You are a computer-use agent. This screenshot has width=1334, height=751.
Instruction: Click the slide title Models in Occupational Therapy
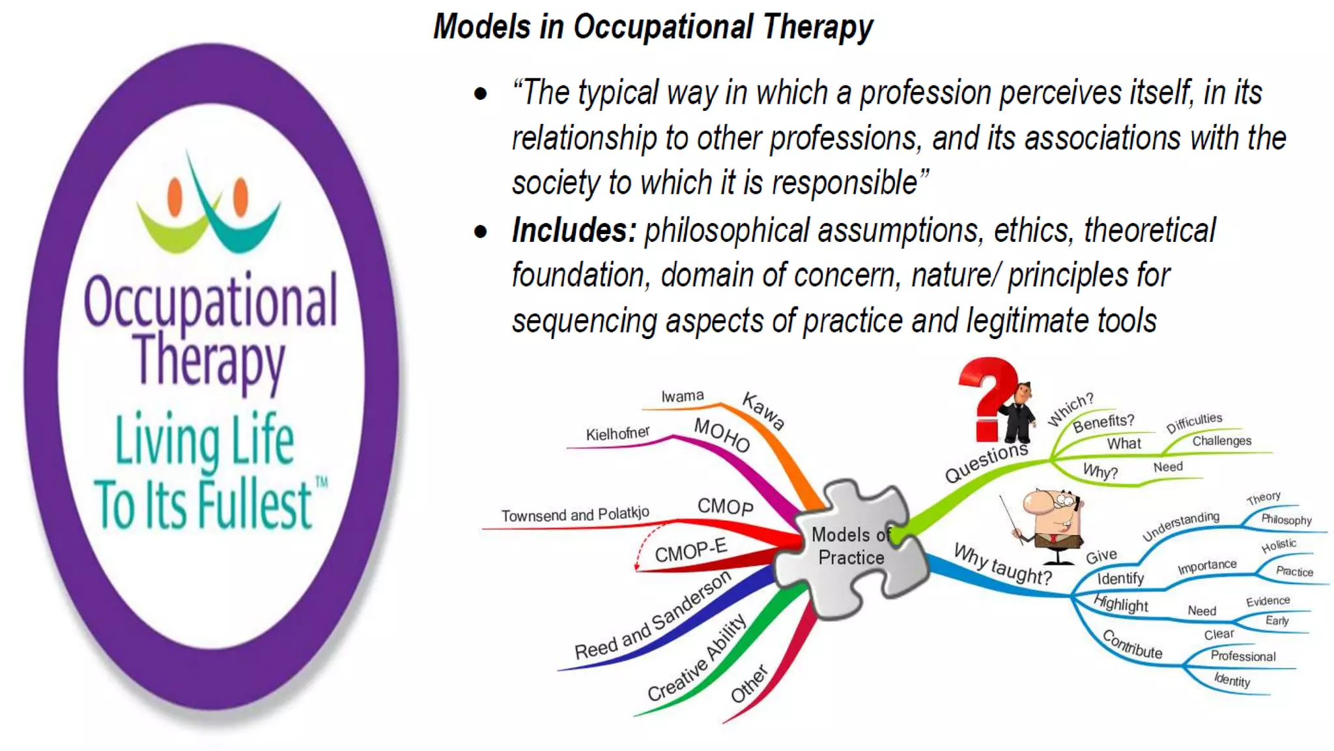[x=653, y=27]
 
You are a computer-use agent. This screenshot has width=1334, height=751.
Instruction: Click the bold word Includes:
[x=573, y=231]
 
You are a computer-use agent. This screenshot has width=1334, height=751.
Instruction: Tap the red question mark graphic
[x=987, y=398]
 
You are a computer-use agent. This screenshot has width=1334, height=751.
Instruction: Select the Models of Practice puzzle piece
[x=850, y=548]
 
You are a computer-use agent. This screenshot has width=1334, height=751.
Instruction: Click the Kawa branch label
[x=763, y=411]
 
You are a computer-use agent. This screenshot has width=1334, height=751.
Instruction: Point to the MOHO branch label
[x=722, y=435]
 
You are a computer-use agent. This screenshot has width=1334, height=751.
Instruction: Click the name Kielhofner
[x=617, y=434]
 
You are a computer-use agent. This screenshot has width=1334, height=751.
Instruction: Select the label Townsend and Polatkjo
[x=575, y=515]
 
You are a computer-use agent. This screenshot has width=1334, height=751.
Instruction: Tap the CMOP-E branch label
[x=690, y=551]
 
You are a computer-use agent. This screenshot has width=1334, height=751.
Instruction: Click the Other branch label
[x=749, y=685]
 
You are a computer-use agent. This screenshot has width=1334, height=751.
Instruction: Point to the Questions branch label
[x=986, y=462]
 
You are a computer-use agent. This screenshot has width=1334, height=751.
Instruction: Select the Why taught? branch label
[x=1002, y=564]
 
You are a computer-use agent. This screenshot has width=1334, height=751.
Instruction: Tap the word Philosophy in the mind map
[x=1286, y=520]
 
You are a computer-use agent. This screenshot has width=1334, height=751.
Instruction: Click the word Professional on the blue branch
[x=1243, y=656]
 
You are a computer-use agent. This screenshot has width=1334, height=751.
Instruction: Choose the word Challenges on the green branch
[x=1221, y=441]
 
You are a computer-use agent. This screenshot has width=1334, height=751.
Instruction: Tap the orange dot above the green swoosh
[x=175, y=198]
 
